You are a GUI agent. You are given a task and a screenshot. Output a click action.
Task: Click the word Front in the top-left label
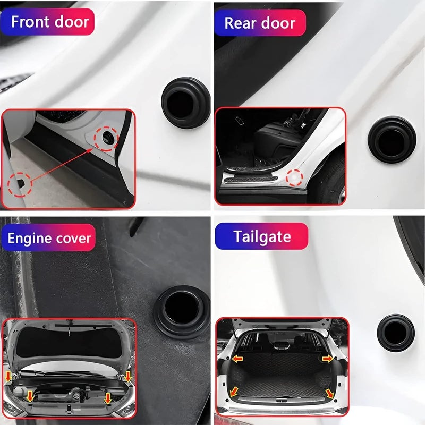(30, 22)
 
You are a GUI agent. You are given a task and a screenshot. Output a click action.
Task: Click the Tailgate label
(261, 236)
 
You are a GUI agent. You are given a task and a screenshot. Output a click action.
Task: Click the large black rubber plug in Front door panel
(185, 101)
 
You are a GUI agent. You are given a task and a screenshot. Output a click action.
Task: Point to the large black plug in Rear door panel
(392, 139)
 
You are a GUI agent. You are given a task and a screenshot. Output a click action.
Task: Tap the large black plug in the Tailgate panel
(395, 332)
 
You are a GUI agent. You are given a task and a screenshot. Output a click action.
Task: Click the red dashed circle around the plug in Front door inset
(106, 139)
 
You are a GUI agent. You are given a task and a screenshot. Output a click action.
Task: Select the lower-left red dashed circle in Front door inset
(20, 184)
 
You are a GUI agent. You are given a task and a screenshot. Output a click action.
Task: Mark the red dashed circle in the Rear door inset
(295, 177)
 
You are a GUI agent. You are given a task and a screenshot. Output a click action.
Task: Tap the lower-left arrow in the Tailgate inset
(234, 392)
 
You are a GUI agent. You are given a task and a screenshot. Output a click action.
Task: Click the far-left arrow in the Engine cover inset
(8, 376)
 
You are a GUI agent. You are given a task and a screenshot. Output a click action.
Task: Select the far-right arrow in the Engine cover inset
(128, 376)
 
